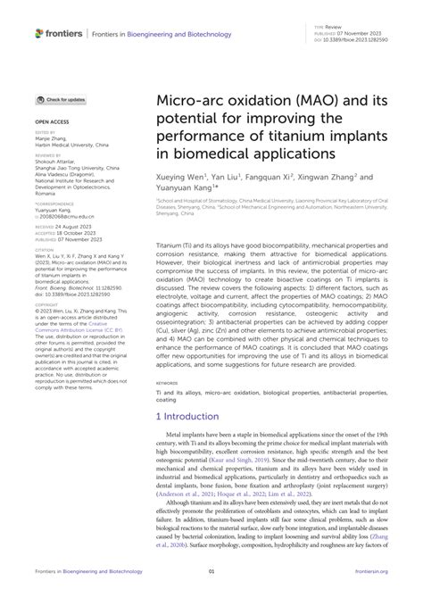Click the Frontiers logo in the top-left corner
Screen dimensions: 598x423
(x=55, y=33)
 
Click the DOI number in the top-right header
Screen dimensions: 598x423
(x=371, y=40)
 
